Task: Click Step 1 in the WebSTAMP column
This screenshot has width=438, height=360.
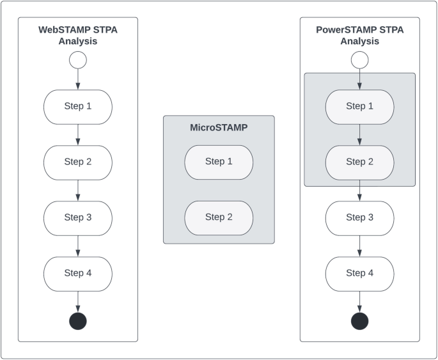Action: point(77,107)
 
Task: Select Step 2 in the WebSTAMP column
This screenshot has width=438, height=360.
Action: point(77,162)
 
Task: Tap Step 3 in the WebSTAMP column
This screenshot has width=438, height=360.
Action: point(77,218)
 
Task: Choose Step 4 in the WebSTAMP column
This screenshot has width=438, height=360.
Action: point(77,274)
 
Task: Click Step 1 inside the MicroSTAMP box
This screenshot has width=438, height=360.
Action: point(219,162)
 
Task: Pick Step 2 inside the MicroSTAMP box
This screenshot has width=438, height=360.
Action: point(219,217)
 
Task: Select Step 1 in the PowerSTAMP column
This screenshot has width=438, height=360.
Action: point(359,107)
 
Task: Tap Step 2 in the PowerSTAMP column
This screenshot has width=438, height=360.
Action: point(359,162)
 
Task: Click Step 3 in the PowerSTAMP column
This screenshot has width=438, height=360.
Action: point(359,218)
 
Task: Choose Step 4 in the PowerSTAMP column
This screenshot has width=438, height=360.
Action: point(359,274)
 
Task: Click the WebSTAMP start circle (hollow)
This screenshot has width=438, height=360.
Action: point(77,60)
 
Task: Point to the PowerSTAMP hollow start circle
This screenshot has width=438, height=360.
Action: point(359,60)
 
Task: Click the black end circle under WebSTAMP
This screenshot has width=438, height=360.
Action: point(77,320)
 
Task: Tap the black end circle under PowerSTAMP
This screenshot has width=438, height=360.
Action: point(359,320)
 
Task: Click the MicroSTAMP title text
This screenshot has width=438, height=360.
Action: point(219,128)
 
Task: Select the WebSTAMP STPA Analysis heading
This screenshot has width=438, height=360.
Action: point(77,35)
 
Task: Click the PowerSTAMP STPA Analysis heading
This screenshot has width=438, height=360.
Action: point(359,35)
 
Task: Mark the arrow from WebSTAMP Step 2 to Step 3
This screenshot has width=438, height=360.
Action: point(77,190)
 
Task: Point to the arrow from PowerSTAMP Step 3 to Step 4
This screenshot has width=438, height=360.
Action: point(359,246)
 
